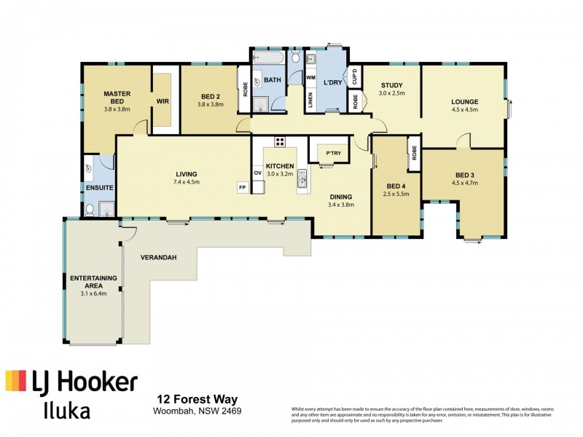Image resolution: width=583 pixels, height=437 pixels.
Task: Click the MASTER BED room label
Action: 117,98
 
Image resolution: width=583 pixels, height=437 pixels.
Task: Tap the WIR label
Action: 163,101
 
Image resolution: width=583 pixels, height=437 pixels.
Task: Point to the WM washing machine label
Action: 310,77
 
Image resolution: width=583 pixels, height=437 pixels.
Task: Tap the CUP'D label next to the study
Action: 354,75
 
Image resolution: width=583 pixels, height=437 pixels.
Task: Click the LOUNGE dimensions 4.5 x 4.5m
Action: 464,111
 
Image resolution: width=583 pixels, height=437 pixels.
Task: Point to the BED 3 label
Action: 464,175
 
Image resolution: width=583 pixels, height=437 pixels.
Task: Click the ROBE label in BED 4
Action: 414,154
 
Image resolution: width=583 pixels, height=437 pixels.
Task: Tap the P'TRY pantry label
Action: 334,153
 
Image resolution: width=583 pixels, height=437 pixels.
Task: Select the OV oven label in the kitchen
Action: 257,173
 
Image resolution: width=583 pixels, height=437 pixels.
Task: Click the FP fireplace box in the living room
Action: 242,188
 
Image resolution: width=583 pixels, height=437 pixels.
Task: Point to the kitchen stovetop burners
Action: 278,141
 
